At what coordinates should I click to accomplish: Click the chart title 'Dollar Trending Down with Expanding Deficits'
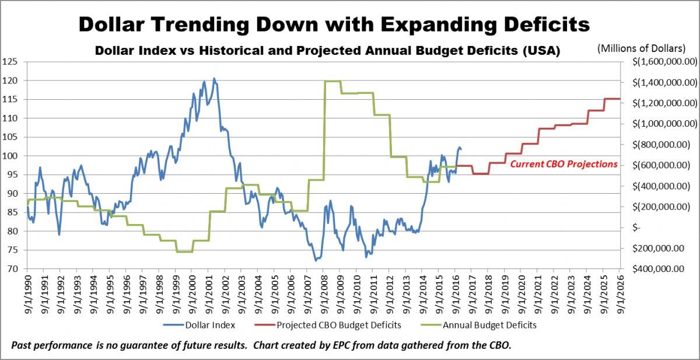(x=334, y=25)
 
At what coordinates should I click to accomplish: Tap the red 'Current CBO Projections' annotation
(x=563, y=165)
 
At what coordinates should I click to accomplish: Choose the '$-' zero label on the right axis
(x=637, y=228)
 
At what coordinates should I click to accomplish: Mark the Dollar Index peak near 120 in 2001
(x=213, y=78)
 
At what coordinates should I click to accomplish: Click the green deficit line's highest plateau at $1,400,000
(x=332, y=81)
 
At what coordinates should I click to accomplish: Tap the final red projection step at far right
(x=612, y=99)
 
